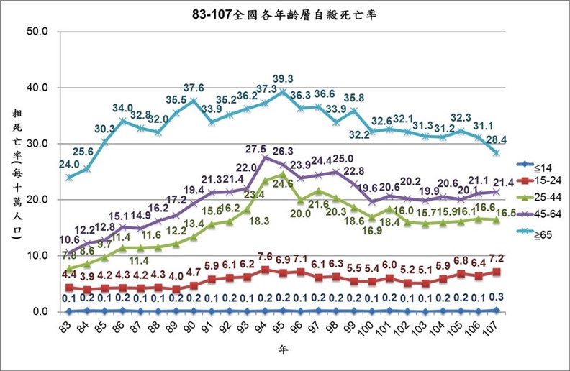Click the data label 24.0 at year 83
point(69,163)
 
